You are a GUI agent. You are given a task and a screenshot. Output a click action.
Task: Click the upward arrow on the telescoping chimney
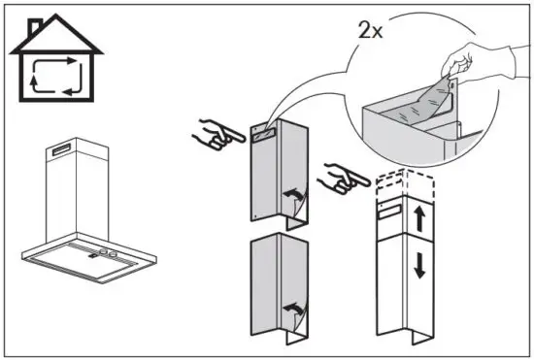pyautogui.click(x=419, y=219)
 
